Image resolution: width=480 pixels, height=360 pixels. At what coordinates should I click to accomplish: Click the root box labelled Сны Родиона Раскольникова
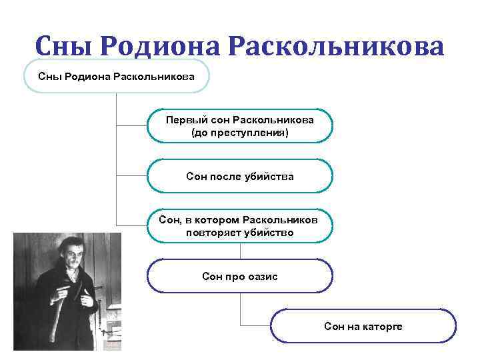point(116,76)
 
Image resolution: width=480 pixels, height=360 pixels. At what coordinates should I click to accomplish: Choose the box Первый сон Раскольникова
point(239,125)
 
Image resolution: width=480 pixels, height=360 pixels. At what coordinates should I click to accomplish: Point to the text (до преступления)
point(239,133)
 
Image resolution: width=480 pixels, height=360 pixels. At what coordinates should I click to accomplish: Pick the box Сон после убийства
point(239,176)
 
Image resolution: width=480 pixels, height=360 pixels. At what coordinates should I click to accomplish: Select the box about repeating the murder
point(239,226)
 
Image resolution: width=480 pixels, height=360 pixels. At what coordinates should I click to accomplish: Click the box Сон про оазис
point(239,276)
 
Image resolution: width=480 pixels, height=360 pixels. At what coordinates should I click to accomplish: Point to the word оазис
point(263,276)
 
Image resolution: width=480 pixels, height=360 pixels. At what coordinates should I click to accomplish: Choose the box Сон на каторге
point(363,326)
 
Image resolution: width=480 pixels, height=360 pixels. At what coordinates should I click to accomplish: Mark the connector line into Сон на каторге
point(255,325)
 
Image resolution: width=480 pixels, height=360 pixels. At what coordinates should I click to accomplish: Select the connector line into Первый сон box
point(131,125)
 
